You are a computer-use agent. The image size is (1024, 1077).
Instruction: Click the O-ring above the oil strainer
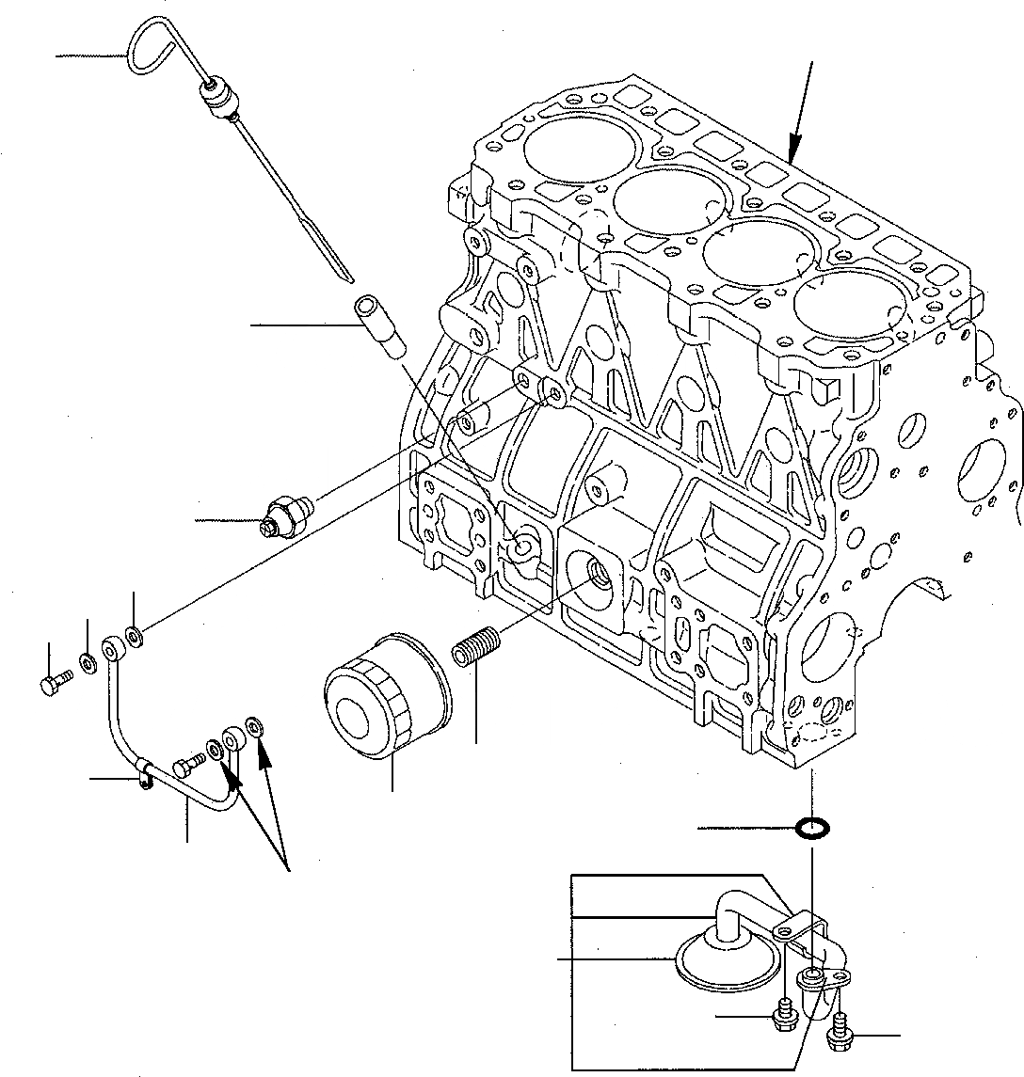pos(811,829)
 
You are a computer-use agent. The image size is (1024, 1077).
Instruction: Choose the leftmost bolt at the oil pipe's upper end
pos(55,681)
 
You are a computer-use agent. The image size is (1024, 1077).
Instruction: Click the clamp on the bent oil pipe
pos(144,773)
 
